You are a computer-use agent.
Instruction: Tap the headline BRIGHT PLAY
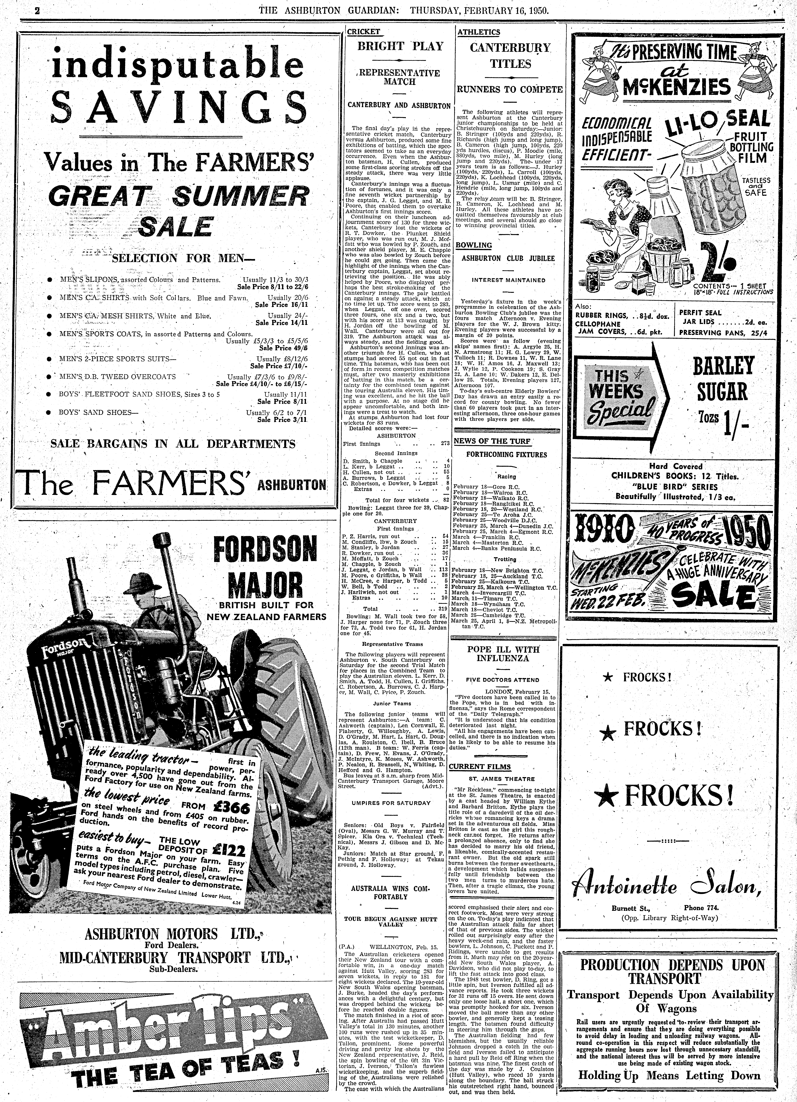coord(400,47)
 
